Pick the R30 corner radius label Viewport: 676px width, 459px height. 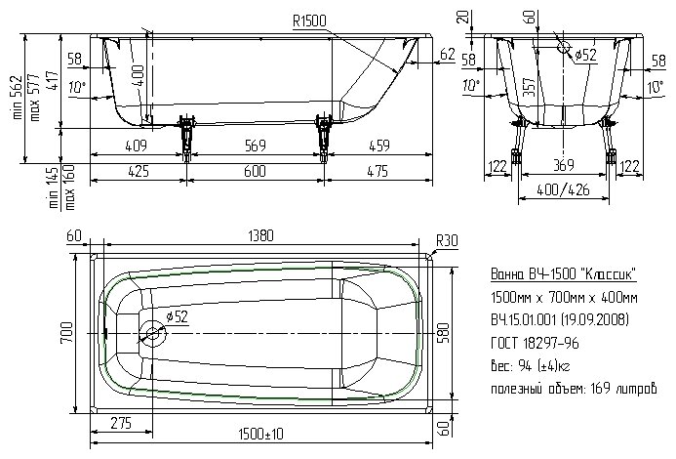(448, 239)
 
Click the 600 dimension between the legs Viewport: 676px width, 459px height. (256, 171)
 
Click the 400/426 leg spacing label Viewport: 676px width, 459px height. (564, 188)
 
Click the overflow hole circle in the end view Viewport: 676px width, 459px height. (565, 46)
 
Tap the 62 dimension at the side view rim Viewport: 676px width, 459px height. (447, 54)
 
